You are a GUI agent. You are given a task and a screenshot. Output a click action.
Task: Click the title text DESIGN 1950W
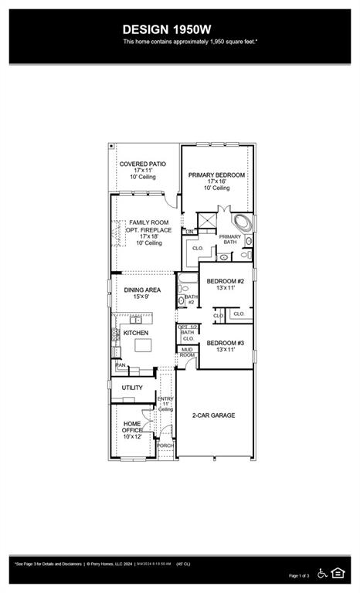click(x=179, y=29)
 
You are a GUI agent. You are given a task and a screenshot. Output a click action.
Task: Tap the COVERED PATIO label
click(x=142, y=164)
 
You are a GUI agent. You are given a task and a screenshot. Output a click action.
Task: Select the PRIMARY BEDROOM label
click(x=217, y=175)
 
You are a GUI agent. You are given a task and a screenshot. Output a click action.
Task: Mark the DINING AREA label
click(x=142, y=290)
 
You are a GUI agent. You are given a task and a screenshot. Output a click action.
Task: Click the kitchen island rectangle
click(x=144, y=345)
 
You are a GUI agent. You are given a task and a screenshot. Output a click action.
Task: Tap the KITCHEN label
click(x=135, y=333)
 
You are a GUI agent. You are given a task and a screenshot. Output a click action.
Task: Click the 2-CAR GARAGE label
click(x=213, y=415)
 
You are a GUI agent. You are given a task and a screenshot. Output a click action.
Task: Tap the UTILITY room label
click(x=132, y=388)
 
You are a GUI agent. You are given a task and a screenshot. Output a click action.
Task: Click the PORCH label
click(x=165, y=446)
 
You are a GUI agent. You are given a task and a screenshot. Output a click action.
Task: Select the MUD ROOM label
click(x=187, y=352)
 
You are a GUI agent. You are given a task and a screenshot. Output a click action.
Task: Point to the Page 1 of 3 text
click(x=299, y=576)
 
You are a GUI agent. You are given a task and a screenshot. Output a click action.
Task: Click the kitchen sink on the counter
click(x=136, y=320)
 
